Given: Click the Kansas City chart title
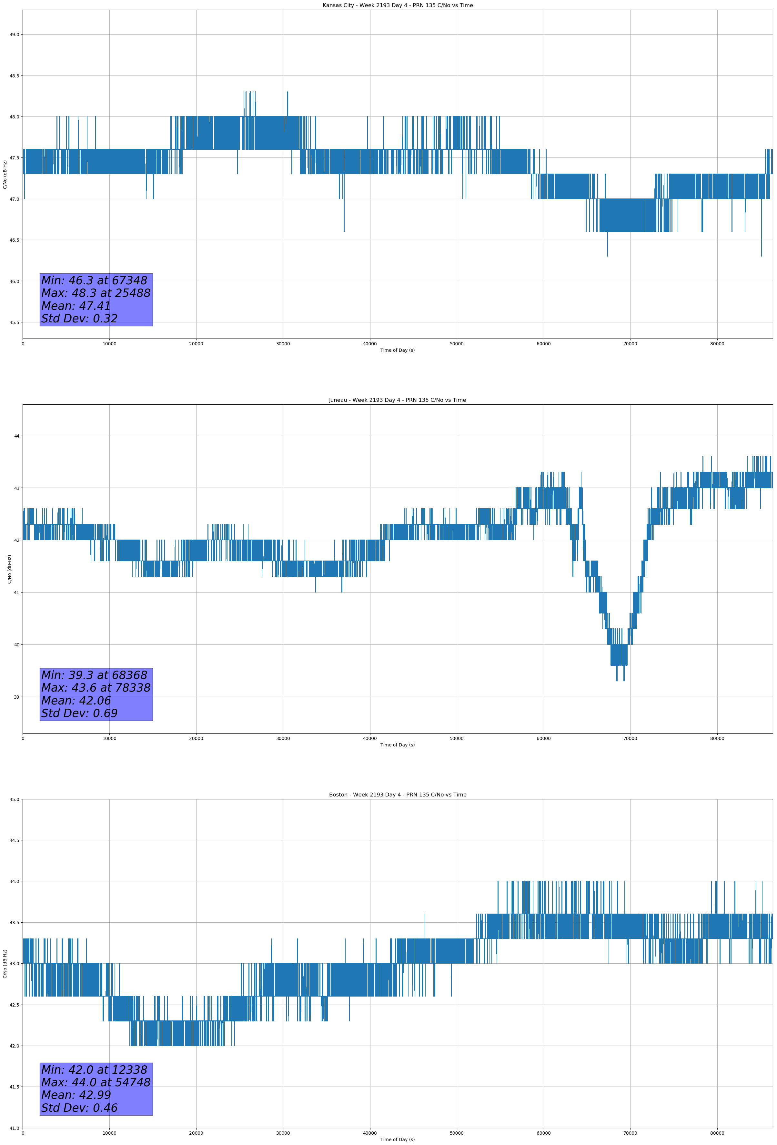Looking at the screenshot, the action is click(x=397, y=5).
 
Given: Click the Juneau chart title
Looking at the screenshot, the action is click(x=397, y=400).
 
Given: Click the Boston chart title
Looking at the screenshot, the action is click(x=397, y=795).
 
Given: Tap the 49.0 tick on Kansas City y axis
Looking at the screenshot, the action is click(x=14, y=35).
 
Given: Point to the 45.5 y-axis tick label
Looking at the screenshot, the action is click(x=14, y=322).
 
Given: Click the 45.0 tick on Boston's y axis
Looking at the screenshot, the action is click(x=14, y=799).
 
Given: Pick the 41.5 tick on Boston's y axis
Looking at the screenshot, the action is click(x=14, y=1087).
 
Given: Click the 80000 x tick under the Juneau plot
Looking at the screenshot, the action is click(x=717, y=738).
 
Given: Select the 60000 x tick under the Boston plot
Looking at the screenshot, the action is click(x=543, y=1133).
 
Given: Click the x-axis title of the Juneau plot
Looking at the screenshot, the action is click(x=397, y=745).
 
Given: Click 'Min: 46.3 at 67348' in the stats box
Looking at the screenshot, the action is click(x=94, y=280).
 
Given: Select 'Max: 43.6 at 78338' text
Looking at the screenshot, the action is click(x=96, y=687).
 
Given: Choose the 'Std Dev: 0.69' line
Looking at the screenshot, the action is click(x=79, y=713).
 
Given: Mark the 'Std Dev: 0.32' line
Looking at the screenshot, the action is click(x=79, y=318).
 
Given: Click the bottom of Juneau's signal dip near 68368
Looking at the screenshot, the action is click(x=616, y=680).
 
